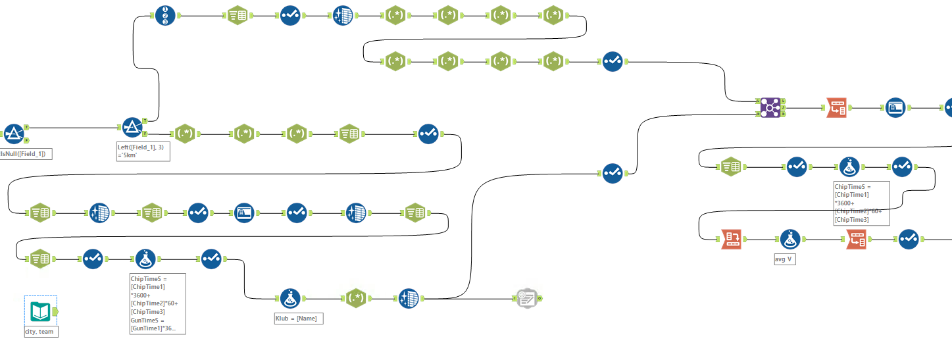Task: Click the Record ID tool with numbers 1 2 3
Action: [x=166, y=15]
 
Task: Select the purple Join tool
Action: [x=770, y=107]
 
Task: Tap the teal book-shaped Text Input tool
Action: [x=41, y=311]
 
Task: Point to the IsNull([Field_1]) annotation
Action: [x=26, y=153]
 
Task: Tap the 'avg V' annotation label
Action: [x=785, y=259]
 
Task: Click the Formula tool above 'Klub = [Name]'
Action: [x=290, y=299]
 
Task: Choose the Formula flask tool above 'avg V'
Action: [x=789, y=240]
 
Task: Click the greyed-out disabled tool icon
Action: [x=526, y=299]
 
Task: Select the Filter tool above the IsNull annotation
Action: [x=14, y=134]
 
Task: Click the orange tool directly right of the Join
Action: [x=837, y=107]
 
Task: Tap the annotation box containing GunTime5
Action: [x=158, y=303]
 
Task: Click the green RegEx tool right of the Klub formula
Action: [x=356, y=299]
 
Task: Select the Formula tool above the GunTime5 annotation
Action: [x=145, y=259]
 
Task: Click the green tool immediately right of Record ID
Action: [x=238, y=15]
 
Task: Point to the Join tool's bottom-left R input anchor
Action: [x=758, y=113]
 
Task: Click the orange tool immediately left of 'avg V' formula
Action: [x=732, y=240]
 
